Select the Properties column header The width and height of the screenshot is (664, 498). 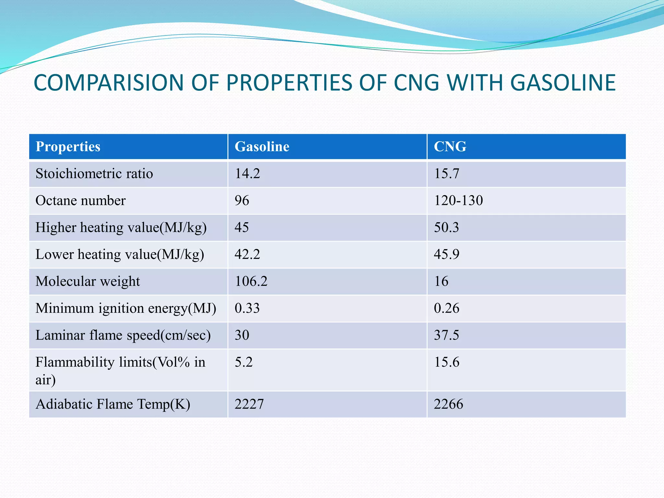[x=68, y=147]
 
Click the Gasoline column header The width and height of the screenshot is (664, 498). [x=262, y=147]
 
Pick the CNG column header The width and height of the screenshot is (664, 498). [x=450, y=147]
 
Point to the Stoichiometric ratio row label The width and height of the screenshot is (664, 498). [x=94, y=173]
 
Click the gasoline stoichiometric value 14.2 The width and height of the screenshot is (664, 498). [x=247, y=173]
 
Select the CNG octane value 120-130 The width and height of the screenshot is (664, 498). [x=458, y=200]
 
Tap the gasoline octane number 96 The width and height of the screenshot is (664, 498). [x=242, y=200]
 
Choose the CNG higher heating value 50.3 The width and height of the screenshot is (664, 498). [x=446, y=227]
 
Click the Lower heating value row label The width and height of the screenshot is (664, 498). [x=120, y=254]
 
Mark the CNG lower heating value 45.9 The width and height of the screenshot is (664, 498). [x=446, y=254]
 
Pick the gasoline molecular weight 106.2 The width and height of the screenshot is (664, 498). [x=251, y=281]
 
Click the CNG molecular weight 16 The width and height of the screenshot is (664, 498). [x=441, y=281]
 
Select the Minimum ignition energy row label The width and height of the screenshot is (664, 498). [x=125, y=308]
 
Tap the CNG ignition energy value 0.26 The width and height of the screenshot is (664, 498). [x=446, y=308]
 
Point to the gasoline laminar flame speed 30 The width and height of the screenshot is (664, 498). [x=242, y=335]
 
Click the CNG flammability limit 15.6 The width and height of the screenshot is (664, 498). [x=446, y=362]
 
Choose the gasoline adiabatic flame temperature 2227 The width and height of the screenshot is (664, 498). [x=249, y=404]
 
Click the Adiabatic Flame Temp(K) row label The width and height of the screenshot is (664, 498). [x=113, y=404]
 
